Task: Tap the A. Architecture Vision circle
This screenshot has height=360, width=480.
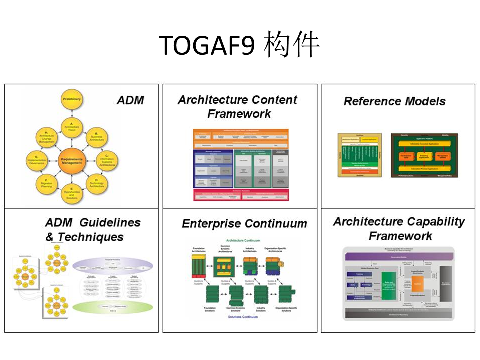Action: coord(71,128)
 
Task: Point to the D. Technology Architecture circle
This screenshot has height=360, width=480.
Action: coord(96,183)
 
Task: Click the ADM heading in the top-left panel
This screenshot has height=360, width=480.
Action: coord(130,100)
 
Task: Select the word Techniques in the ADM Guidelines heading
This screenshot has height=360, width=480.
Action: coord(90,237)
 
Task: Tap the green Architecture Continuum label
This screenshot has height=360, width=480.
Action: coord(243,240)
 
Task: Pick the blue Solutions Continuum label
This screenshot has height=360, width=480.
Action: coord(243,317)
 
